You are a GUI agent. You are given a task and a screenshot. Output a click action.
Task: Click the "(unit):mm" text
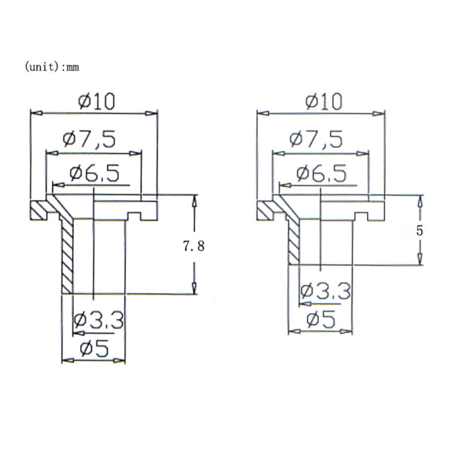point(52,67)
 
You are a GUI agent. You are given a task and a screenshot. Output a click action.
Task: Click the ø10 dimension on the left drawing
point(97,101)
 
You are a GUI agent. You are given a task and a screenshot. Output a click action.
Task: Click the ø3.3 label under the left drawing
point(98,321)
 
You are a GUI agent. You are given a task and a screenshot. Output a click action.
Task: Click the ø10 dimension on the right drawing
point(323,101)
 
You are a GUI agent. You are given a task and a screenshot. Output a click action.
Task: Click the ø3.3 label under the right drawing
point(325,292)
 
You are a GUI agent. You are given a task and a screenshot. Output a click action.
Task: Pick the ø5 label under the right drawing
point(321,319)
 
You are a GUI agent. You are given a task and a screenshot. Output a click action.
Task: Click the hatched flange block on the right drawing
point(266,211)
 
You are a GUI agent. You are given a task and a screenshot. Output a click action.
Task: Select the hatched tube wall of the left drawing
point(66,258)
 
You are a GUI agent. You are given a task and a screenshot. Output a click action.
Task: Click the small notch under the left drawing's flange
point(135,216)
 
